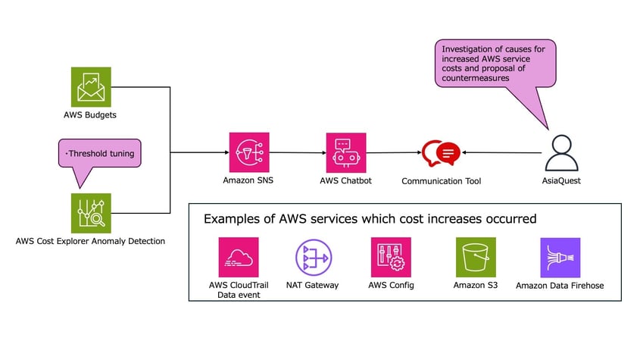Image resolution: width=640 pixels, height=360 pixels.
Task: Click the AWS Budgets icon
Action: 91,86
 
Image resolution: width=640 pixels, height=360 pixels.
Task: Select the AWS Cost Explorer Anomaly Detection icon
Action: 91,213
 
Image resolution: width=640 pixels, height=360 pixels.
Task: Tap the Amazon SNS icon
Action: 249,152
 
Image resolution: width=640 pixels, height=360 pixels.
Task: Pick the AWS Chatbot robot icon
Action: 345,152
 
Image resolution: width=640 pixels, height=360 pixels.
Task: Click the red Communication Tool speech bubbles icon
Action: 441,153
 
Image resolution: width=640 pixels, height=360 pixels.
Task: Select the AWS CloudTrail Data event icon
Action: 238,257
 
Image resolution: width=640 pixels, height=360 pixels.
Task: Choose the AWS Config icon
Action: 391,257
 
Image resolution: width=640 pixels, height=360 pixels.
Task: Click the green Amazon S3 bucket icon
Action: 476,257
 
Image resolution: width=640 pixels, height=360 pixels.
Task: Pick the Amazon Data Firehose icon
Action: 560,257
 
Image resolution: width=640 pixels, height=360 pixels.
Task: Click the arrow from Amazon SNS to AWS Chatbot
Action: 297,152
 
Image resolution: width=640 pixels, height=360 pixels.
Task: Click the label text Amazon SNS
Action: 249,181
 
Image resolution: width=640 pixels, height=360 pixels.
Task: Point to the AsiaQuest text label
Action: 561,182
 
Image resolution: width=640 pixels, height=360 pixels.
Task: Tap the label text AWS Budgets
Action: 91,115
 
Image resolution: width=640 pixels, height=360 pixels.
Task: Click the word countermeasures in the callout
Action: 479,78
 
